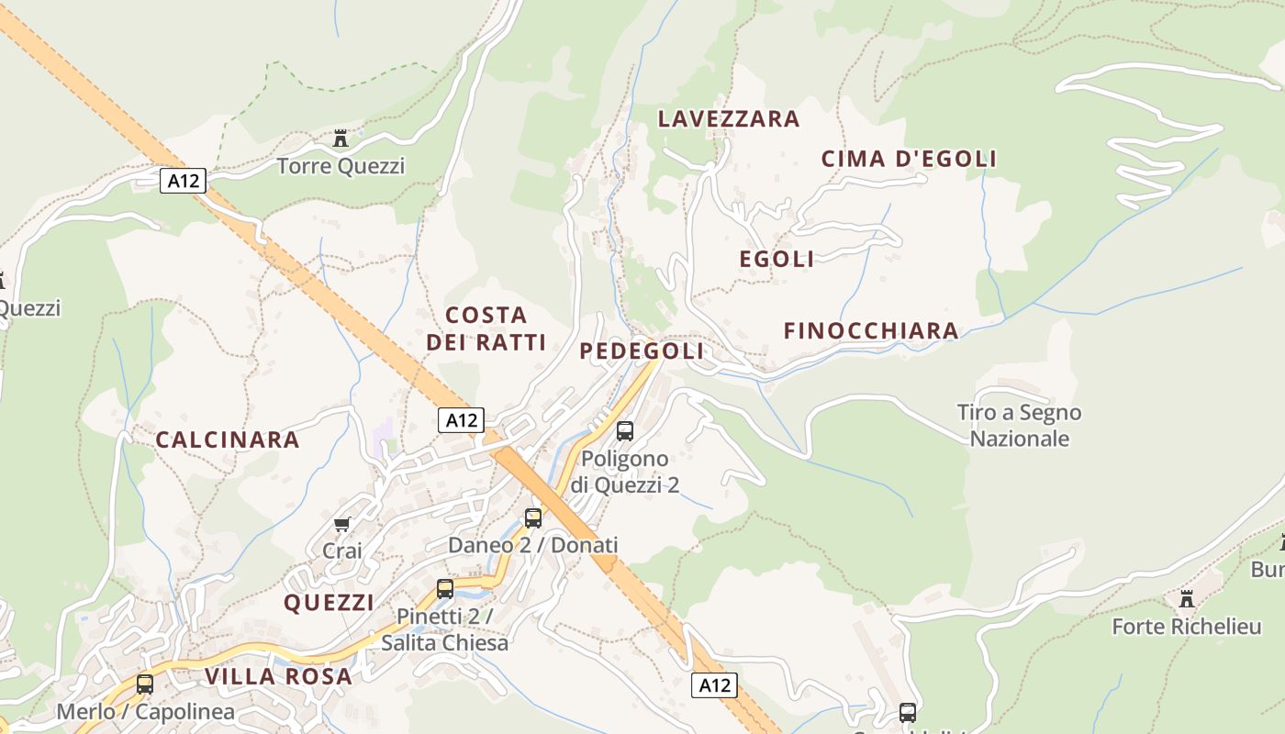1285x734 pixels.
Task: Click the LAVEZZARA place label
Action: [x=729, y=119]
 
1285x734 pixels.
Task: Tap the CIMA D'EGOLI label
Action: [x=909, y=159]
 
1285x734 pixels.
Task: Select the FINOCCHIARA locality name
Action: [x=871, y=331]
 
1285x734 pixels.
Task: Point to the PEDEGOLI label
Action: [x=642, y=351]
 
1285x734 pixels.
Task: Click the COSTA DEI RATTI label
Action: [x=486, y=328]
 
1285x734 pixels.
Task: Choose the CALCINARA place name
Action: [x=228, y=440]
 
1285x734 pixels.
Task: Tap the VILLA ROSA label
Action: [x=278, y=677]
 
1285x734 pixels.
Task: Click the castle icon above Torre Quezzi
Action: [x=341, y=139]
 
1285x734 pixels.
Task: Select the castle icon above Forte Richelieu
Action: [x=1187, y=599]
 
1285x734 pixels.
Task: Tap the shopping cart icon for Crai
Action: [x=342, y=524]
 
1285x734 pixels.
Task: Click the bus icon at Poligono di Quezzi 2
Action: [x=625, y=430]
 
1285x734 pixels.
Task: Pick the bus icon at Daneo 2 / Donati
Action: [x=533, y=517]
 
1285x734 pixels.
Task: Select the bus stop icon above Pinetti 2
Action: [x=445, y=588]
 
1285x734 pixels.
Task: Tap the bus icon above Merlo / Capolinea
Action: [x=145, y=684]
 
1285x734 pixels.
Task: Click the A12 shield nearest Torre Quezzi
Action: [x=184, y=181]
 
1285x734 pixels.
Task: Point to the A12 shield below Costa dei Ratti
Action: [x=461, y=420]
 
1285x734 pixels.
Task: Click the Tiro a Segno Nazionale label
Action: [x=1020, y=426]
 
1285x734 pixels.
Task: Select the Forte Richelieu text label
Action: [x=1187, y=628]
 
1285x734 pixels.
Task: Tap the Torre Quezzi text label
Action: [x=341, y=166]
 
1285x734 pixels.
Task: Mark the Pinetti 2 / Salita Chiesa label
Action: [x=445, y=629]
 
